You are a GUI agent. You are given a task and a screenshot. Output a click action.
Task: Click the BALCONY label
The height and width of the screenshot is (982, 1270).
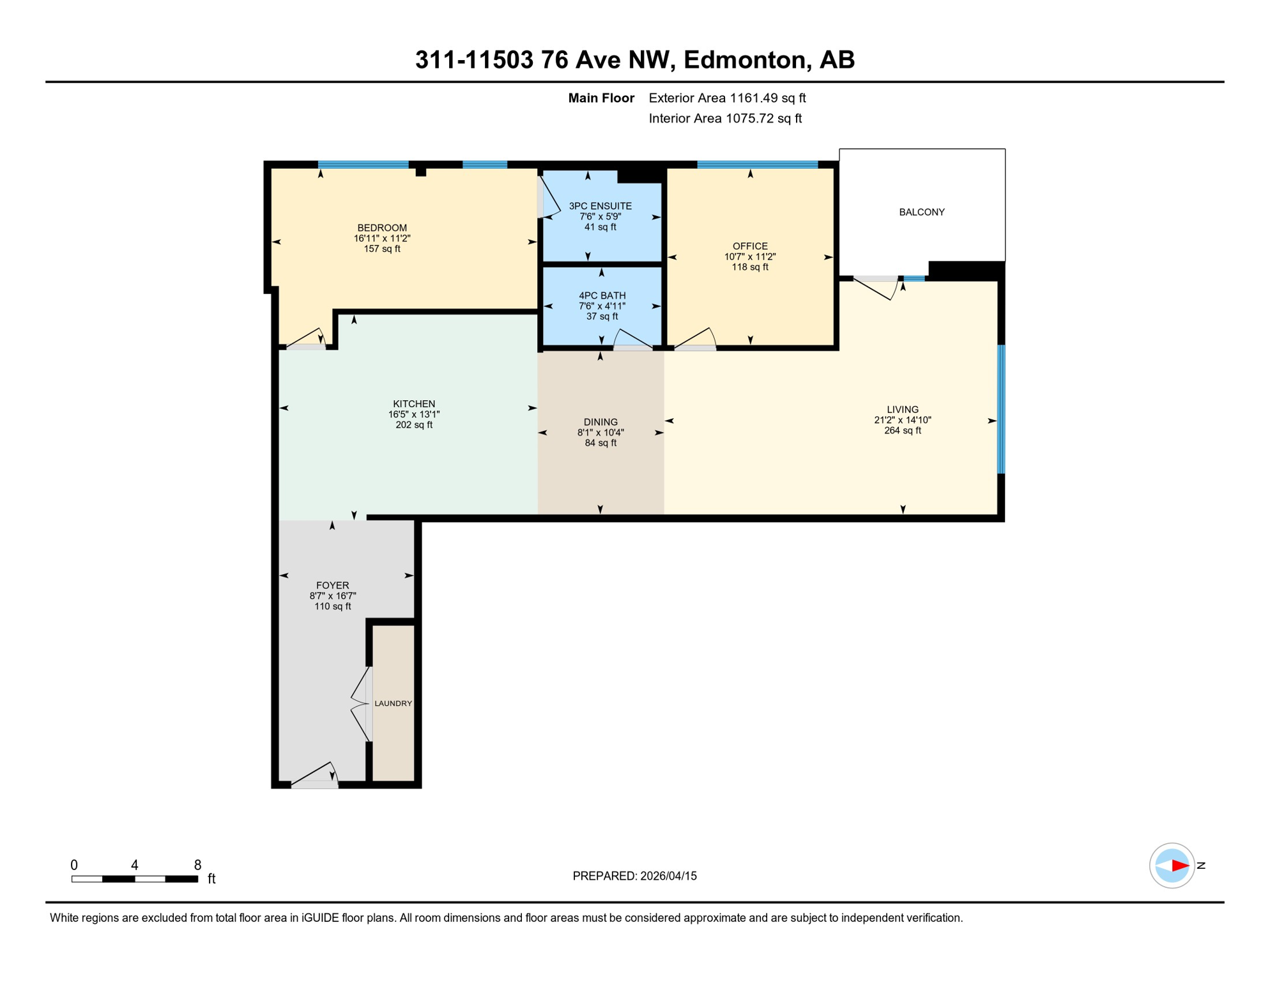[x=921, y=212]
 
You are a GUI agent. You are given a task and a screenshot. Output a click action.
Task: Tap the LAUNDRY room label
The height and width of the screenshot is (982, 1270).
[x=393, y=703]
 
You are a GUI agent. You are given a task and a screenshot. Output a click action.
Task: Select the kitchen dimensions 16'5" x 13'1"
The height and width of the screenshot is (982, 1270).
[x=414, y=414]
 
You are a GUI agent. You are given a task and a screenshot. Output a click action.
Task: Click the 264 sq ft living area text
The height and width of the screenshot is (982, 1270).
[x=902, y=431]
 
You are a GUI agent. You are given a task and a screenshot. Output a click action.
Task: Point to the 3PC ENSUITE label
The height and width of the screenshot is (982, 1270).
[x=600, y=206]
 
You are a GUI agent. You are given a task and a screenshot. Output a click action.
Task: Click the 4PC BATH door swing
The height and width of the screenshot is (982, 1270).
[x=632, y=339]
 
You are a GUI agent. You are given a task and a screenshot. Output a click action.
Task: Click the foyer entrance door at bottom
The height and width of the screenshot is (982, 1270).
[x=314, y=775]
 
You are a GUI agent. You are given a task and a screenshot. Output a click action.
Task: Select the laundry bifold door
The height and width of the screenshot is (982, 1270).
[x=362, y=704]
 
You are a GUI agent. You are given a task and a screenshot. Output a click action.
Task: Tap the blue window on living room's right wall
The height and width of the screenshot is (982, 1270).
[x=1001, y=409]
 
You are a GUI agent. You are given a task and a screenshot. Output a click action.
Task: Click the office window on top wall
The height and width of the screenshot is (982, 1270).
[x=757, y=165]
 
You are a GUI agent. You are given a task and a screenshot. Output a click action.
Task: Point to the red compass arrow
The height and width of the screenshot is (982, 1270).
[x=1179, y=866]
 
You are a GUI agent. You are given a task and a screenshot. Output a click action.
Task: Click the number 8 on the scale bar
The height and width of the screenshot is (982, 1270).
[x=197, y=865]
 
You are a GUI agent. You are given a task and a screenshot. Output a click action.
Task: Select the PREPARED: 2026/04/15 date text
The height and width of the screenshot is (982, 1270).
[x=634, y=876]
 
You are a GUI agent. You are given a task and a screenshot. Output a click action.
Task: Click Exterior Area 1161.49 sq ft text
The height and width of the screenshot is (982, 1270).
[x=727, y=98]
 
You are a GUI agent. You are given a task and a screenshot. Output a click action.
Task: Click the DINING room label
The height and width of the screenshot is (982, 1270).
[x=601, y=422]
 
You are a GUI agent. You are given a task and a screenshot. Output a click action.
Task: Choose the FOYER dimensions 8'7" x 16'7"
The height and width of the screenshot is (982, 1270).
[x=332, y=596]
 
